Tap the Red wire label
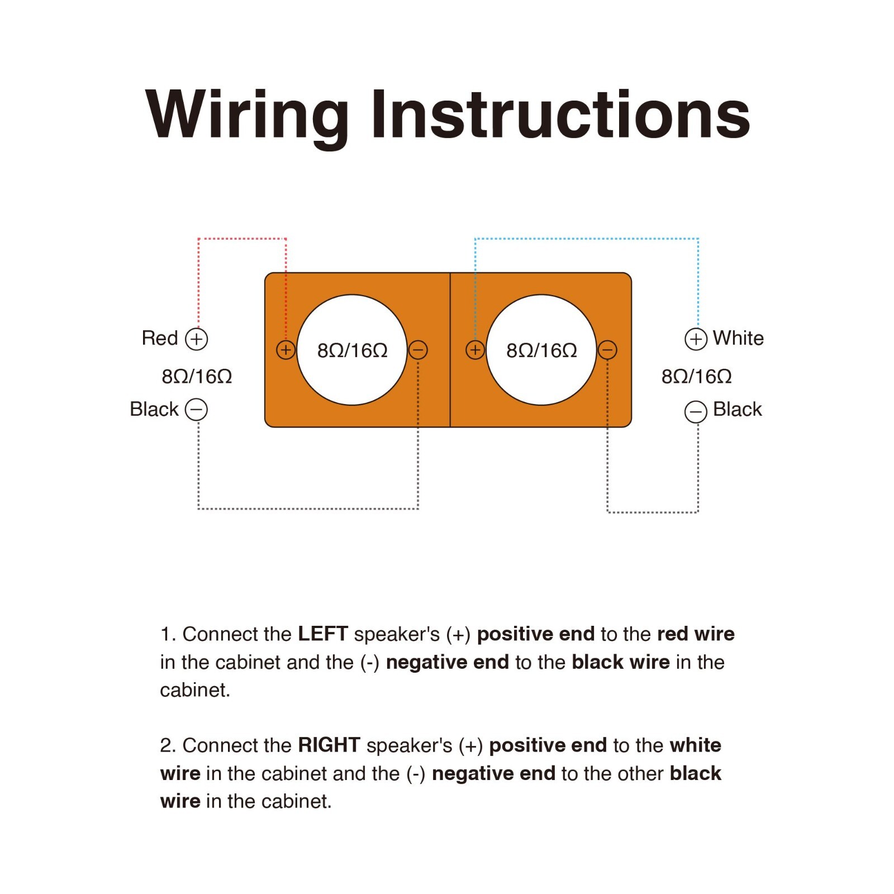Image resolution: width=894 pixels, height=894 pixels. pos(160,338)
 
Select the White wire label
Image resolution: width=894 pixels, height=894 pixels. pos(738,338)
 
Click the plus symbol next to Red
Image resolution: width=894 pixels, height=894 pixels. pos(196,339)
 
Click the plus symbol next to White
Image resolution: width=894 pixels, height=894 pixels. pos(696,339)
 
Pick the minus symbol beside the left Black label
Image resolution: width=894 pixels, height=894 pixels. pos(196,410)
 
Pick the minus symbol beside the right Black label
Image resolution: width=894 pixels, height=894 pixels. pos(696,412)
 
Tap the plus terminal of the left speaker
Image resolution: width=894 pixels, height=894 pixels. pos(286,350)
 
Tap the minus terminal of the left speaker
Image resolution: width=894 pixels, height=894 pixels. pos(418,350)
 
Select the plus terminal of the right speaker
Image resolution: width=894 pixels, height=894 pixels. pos(475,350)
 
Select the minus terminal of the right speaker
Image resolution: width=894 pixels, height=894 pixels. pos(607,350)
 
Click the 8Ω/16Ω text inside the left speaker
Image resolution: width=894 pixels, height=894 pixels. pos(352,350)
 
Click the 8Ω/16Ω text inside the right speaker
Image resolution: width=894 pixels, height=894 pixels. pos(541,350)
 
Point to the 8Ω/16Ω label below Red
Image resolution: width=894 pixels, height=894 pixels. pos(197,377)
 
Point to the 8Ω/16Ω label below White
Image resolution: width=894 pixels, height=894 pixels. pos(696,377)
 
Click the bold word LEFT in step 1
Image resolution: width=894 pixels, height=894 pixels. pos(323,634)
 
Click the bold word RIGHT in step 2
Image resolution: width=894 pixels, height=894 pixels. pos(329,745)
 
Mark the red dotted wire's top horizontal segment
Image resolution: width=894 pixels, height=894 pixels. pos(242,239)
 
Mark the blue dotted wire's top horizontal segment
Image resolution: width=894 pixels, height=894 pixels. pos(587,239)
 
